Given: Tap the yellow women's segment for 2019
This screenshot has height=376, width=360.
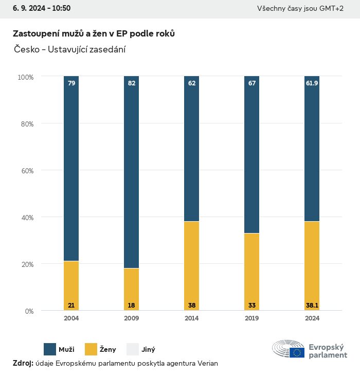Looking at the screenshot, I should (252, 272).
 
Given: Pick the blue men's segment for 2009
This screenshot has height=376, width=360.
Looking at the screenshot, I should (131, 172).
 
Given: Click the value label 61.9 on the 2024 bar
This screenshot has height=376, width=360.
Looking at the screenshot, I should (312, 83).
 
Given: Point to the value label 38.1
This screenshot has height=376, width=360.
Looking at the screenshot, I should (312, 306).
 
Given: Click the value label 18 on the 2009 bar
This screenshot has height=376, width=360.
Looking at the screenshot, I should (131, 306).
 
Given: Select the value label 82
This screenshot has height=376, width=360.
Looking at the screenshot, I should (131, 83).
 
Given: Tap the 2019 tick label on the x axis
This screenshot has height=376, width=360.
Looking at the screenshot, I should (252, 318).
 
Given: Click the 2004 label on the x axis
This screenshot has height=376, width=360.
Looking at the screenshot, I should (71, 318).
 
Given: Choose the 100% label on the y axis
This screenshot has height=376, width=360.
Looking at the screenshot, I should (25, 77).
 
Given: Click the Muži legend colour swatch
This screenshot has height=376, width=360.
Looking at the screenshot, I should (50, 349).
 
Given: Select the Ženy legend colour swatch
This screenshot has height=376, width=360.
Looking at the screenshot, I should (91, 349).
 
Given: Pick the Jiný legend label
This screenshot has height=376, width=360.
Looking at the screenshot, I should (148, 350).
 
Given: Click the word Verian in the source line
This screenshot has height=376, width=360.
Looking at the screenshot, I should (208, 364).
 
